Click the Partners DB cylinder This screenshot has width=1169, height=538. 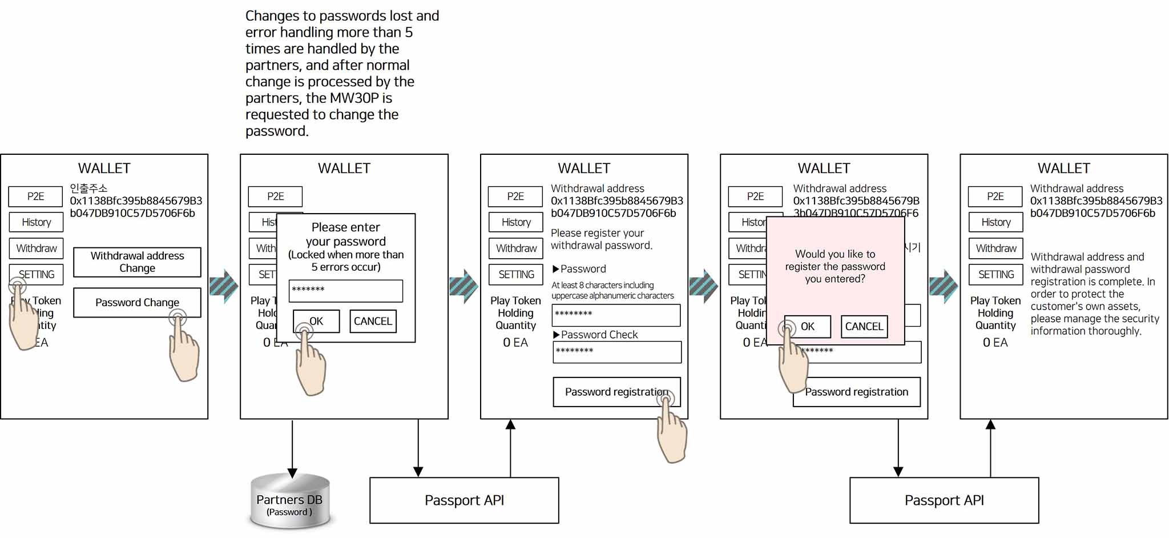(290, 501)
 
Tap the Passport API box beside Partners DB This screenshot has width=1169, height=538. (464, 500)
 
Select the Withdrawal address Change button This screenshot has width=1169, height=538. (137, 262)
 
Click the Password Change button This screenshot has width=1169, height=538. (137, 303)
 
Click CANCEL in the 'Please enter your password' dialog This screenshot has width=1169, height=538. (373, 322)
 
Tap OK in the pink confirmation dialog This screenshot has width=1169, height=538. (808, 327)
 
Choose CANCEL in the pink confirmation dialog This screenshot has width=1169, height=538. (864, 327)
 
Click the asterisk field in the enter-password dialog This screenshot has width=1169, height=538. (346, 291)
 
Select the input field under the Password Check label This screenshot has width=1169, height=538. (617, 352)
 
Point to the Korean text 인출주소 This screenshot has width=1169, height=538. (88, 188)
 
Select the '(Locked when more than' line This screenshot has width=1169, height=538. (346, 255)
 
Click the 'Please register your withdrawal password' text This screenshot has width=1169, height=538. (601, 239)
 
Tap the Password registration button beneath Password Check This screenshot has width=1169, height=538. (616, 392)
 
